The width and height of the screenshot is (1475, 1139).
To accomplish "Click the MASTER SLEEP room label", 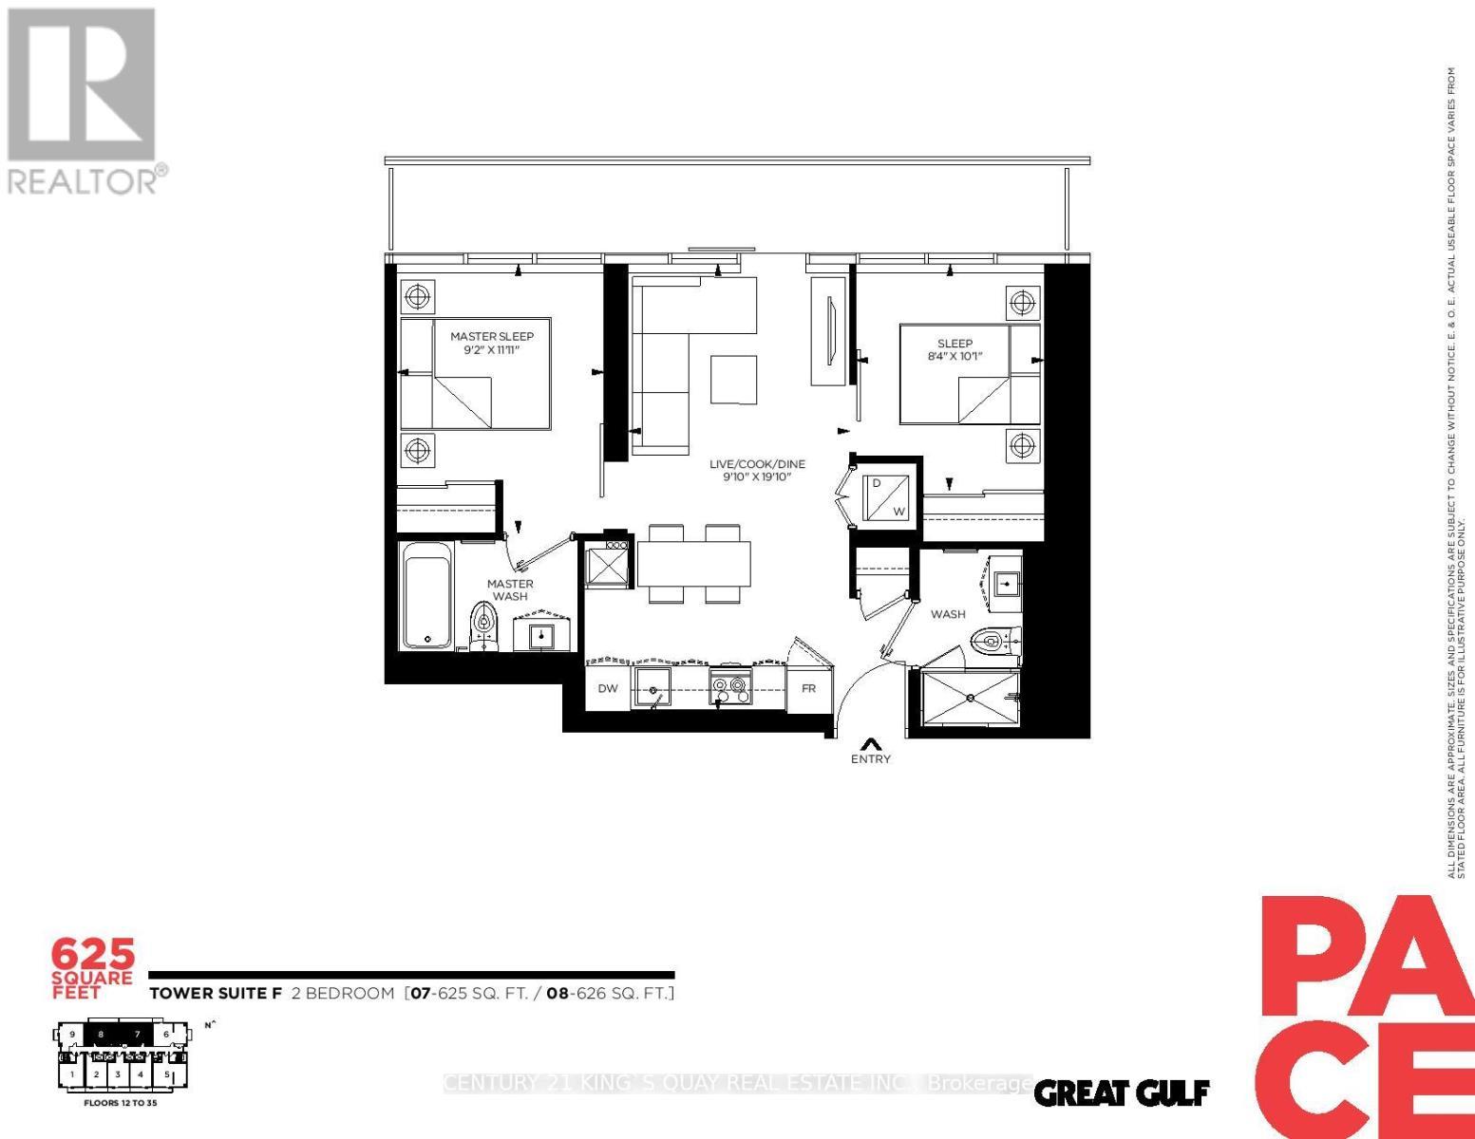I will pos(492,336).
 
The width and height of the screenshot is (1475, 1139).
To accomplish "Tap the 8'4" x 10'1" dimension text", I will pos(955,357).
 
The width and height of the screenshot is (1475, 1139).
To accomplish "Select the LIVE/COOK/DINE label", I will pos(757,464).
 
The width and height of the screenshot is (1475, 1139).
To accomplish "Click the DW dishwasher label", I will pos(608,688).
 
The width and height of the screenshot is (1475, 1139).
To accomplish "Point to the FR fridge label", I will pos(808,688).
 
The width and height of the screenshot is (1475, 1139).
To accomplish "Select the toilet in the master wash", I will pos(484,626).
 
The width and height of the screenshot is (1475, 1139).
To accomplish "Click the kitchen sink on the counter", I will pos(652,687).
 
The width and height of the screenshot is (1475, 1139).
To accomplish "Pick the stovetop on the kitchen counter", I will pos(731,688).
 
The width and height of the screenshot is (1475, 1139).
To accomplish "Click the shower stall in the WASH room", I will pos(970,699).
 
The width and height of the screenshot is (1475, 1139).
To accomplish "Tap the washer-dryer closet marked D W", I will pos(888,496).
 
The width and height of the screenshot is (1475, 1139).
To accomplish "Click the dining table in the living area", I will pos(694,564).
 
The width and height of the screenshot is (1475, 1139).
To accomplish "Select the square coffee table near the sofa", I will pos(734,379).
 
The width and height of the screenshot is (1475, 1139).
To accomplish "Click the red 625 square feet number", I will pos(93,952).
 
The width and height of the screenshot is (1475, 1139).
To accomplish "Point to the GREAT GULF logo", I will pos(1121,1093).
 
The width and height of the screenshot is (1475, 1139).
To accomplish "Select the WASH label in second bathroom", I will pos(948,614).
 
